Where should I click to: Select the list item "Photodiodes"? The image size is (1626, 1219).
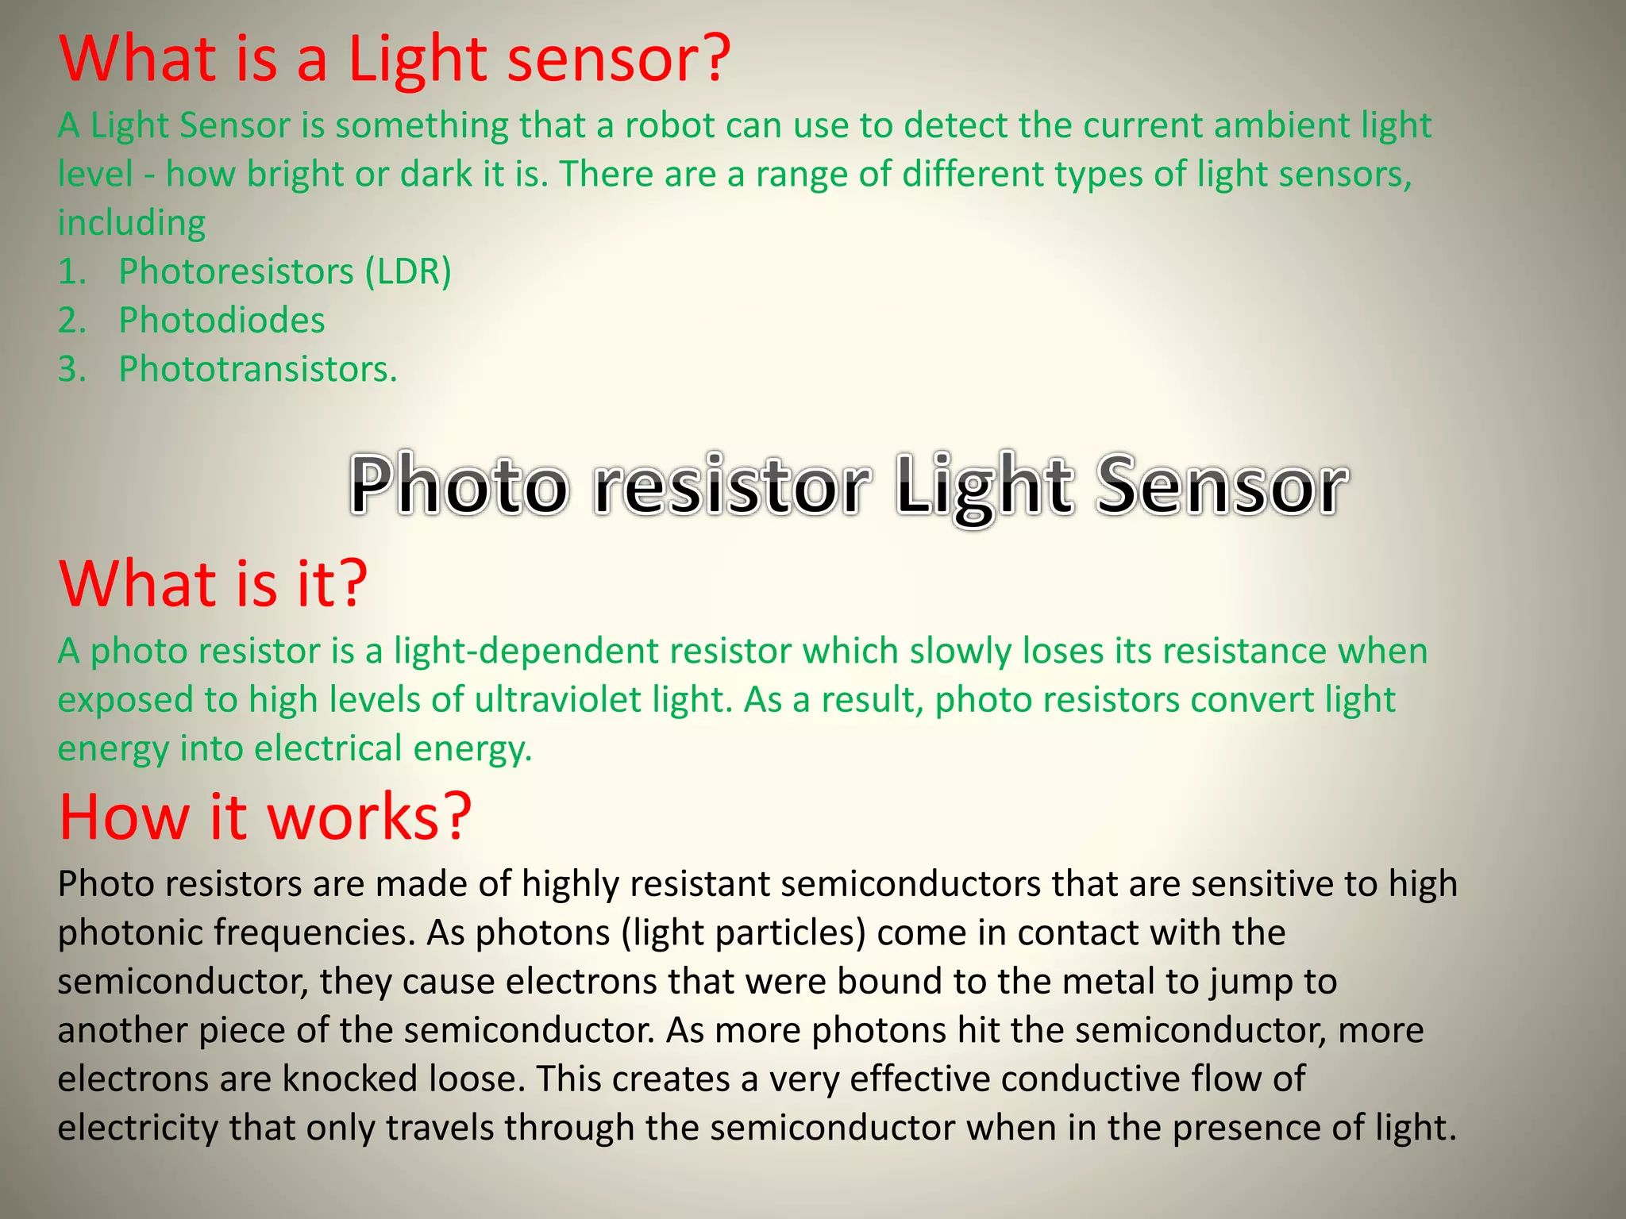pos(222,321)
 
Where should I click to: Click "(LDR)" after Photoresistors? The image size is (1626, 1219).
pos(408,272)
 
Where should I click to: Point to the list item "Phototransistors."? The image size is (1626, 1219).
pos(258,369)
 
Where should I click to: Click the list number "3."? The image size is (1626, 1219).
pos(72,369)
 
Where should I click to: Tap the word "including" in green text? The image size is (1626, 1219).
pos(132,223)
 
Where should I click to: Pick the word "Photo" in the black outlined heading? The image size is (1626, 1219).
pos(459,485)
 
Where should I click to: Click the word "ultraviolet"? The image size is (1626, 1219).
pos(557,700)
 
